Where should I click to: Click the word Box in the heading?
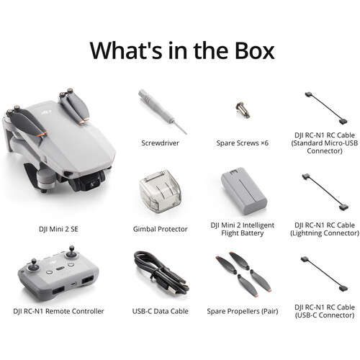point(247,50)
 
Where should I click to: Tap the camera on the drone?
point(89,177)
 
